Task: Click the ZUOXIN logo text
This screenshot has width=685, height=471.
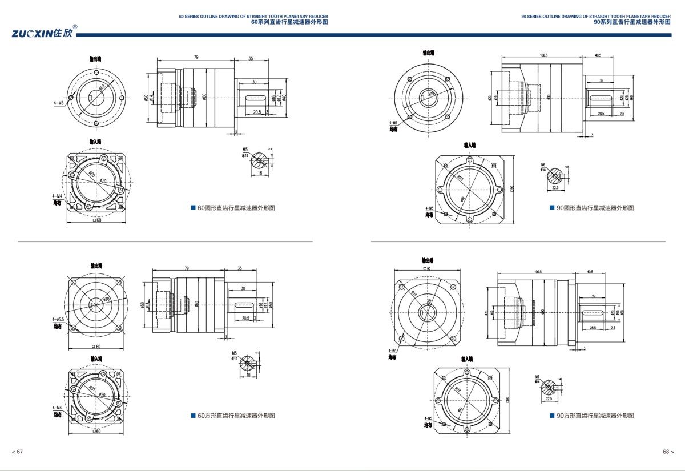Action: pyautogui.click(x=42, y=33)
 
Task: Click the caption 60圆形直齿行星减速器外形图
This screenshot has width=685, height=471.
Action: pyautogui.click(x=236, y=208)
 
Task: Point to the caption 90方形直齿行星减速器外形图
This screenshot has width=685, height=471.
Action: pyautogui.click(x=595, y=416)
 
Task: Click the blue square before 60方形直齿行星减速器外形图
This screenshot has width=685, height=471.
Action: pyautogui.click(x=193, y=416)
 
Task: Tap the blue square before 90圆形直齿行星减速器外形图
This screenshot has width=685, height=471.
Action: pyautogui.click(x=552, y=208)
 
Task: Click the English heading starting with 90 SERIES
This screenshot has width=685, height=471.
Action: pyautogui.click(x=596, y=17)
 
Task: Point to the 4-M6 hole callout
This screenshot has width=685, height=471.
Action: pyautogui.click(x=393, y=123)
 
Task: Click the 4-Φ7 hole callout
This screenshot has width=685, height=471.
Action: pyautogui.click(x=392, y=351)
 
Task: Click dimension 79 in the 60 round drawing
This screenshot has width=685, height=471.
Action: pyautogui.click(x=196, y=57)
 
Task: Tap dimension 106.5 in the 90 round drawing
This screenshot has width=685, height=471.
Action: pyautogui.click(x=543, y=55)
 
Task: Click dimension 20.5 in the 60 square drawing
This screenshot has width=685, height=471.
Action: pyautogui.click(x=246, y=318)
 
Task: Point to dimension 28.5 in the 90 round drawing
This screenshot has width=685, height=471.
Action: pyautogui.click(x=601, y=114)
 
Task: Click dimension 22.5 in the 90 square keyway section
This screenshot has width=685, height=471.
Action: pyautogui.click(x=549, y=399)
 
